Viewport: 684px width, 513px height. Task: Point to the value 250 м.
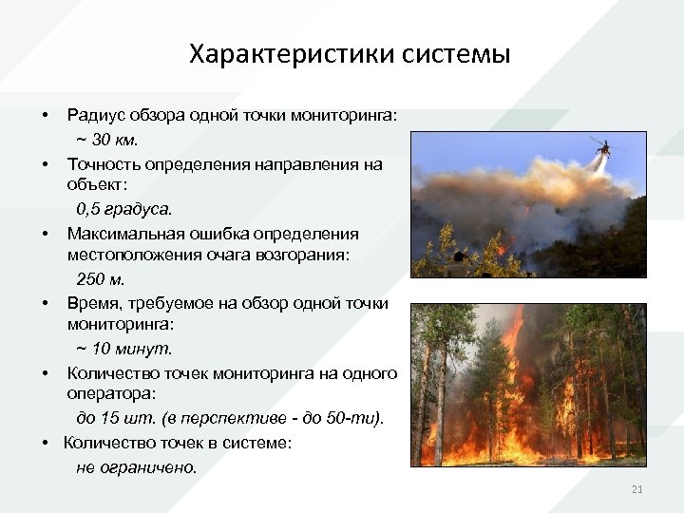[x=100, y=278]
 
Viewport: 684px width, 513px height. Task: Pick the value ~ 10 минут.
[x=123, y=349]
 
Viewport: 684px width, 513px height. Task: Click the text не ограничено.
[x=137, y=466]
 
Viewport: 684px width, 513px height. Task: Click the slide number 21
[x=637, y=489]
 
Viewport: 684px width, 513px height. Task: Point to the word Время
[x=92, y=303]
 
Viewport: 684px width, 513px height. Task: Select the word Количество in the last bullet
[x=106, y=442]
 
